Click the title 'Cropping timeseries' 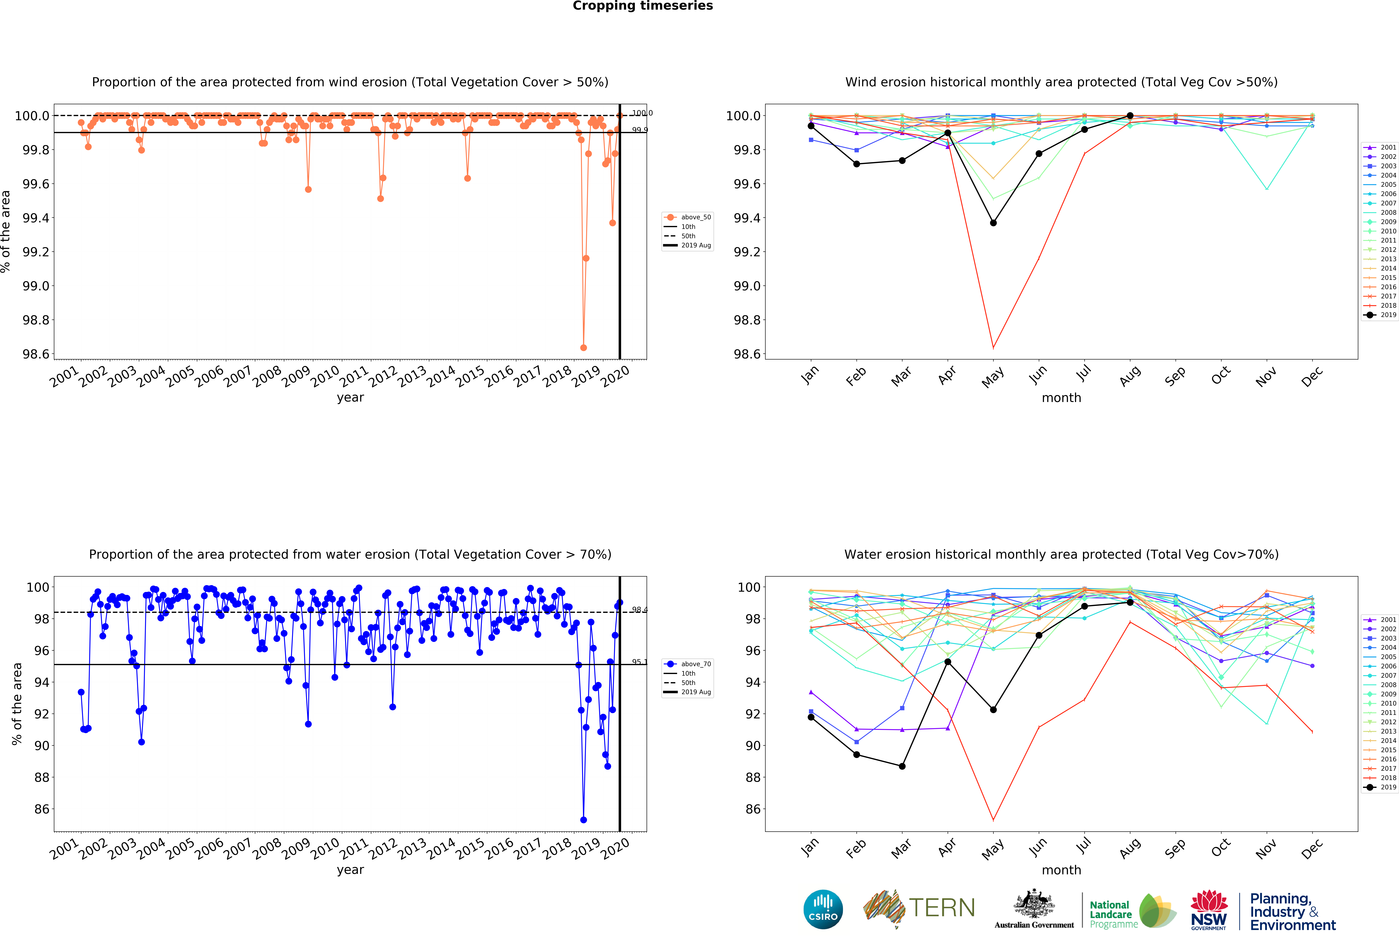coord(642,6)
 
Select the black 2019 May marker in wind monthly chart coord(993,223)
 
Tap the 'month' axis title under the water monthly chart coord(1061,870)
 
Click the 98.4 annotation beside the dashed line coord(639,610)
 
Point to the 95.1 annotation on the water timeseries coord(639,662)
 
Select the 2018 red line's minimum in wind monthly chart coord(993,348)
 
